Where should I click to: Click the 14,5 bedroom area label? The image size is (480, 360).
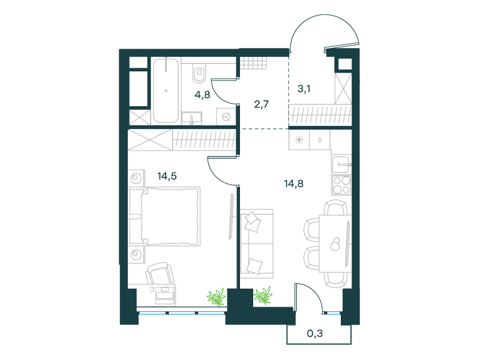pyautogui.click(x=167, y=176)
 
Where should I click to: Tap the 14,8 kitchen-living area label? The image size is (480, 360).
pyautogui.click(x=293, y=184)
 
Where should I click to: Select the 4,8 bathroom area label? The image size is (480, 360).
pyautogui.click(x=202, y=95)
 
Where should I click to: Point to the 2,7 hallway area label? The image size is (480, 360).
pyautogui.click(x=261, y=104)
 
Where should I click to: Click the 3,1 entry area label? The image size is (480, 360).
pyautogui.click(x=304, y=89)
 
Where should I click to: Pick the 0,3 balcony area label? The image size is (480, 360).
pyautogui.click(x=314, y=334)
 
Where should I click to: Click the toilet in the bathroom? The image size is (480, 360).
pyautogui.click(x=199, y=73)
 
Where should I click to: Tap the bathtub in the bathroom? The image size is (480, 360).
pyautogui.click(x=166, y=91)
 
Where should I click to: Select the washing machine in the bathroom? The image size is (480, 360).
pyautogui.click(x=226, y=116)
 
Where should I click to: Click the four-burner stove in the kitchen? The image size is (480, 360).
pyautogui.click(x=341, y=185)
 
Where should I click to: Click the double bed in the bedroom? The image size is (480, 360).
pyautogui.click(x=164, y=217)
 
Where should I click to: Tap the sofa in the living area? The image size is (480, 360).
pyautogui.click(x=257, y=244)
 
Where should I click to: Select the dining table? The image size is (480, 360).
pyautogui.click(x=335, y=244)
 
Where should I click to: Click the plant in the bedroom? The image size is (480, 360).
pyautogui.click(x=217, y=297)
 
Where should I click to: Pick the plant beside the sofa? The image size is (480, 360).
pyautogui.click(x=263, y=295)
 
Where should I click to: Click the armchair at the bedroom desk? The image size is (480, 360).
pyautogui.click(x=160, y=273)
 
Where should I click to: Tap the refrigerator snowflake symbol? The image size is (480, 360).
pyautogui.click(x=299, y=140)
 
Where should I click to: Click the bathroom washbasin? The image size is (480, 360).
pyautogui.click(x=191, y=118)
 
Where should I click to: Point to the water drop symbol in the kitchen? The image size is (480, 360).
pyautogui.click(x=320, y=140)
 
